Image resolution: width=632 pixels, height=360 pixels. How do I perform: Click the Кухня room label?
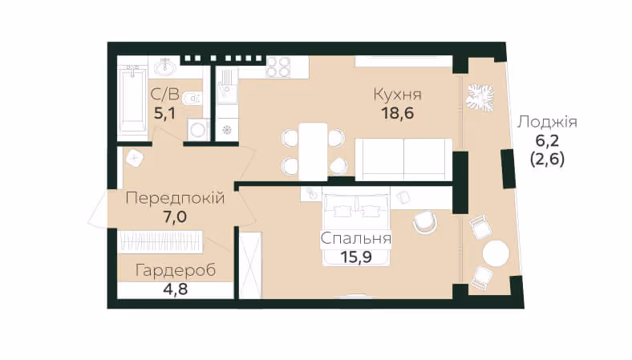click(398, 95)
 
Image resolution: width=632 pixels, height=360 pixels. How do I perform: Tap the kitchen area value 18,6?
click(398, 113)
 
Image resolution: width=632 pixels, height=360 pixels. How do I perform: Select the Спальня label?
click(356, 238)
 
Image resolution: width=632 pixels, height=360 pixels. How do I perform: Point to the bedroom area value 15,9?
click(356, 257)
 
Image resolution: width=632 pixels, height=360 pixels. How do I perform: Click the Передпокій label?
click(175, 198)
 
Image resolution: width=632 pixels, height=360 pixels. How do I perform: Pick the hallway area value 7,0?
click(175, 217)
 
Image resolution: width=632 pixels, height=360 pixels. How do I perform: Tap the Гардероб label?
click(176, 270)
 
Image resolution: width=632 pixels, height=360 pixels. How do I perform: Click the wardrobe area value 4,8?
click(176, 289)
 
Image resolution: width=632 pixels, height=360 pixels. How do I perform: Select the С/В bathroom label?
click(164, 95)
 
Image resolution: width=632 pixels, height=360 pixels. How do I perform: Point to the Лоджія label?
click(547, 122)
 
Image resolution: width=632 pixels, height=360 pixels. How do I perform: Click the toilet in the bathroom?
click(192, 98)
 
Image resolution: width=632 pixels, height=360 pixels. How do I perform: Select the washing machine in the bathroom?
click(198, 130)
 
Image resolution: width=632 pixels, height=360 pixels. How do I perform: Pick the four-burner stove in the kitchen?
click(278, 67)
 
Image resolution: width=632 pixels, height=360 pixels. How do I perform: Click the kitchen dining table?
click(313, 152)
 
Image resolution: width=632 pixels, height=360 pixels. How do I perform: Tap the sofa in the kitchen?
click(403, 160)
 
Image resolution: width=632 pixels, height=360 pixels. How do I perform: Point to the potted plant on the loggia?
click(480, 98)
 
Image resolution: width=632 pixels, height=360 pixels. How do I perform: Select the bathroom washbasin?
click(165, 67)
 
